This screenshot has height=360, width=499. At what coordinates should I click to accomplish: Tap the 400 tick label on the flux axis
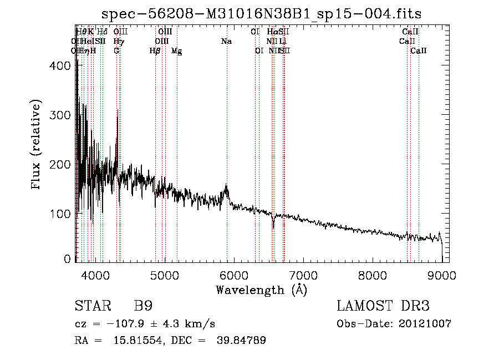click(x=62, y=65)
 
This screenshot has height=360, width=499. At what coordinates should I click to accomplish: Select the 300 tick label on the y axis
click(x=62, y=115)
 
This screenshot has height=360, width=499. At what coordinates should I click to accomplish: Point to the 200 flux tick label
click(x=62, y=164)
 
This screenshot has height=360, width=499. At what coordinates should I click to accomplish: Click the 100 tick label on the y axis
click(x=62, y=214)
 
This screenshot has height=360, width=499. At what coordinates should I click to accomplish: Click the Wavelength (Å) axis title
click(x=261, y=289)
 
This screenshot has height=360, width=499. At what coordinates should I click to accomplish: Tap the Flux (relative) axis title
click(x=37, y=145)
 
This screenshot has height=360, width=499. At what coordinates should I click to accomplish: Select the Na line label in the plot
click(x=226, y=42)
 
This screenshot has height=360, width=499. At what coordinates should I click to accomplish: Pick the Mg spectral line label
click(x=176, y=51)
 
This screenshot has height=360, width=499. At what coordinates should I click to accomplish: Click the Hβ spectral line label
click(x=155, y=51)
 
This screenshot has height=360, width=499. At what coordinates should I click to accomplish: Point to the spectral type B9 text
click(x=143, y=306)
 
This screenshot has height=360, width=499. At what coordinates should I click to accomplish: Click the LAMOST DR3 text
click(x=383, y=306)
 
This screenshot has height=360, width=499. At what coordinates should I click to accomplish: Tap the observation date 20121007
click(x=430, y=323)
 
